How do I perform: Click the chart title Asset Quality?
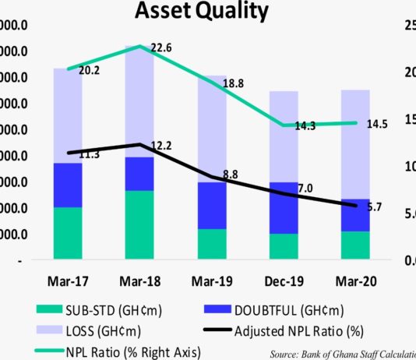coord(201,12)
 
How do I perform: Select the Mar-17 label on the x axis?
coord(69,280)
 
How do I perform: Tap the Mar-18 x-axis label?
coord(139,280)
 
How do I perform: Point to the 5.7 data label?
coord(373,206)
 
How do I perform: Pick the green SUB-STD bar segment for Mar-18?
coord(139,224)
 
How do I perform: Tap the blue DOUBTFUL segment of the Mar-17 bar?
coord(69,185)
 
